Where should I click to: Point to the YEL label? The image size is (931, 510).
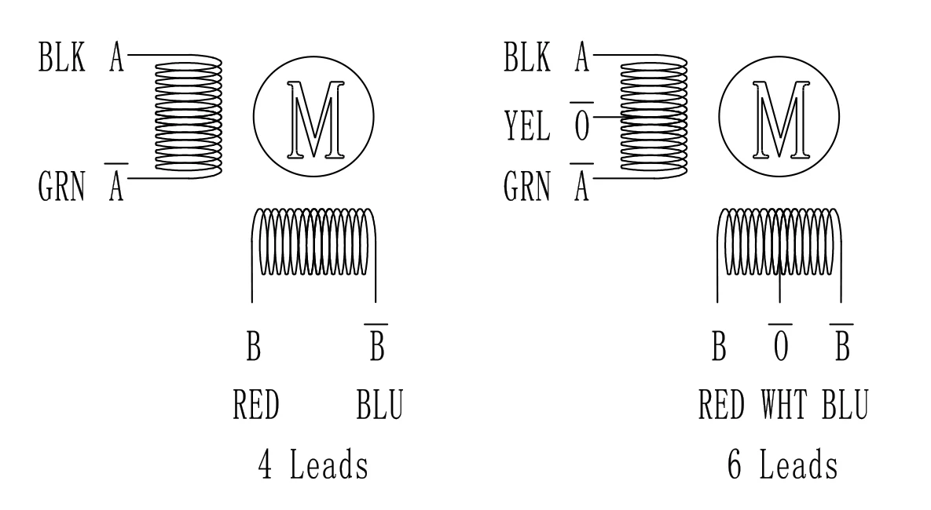click(526, 125)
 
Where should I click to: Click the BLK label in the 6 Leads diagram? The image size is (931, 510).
click(526, 60)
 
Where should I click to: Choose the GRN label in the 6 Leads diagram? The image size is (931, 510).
click(526, 188)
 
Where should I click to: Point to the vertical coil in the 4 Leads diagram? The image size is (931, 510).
click(189, 118)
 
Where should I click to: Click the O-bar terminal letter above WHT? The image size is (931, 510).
click(779, 345)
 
